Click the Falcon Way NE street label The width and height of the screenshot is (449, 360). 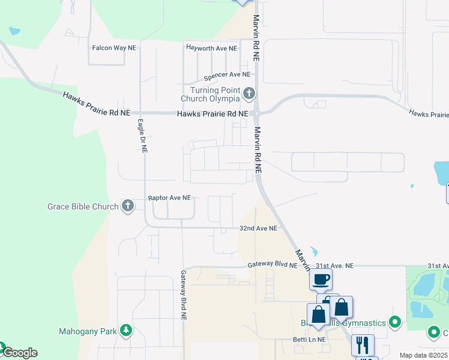113,47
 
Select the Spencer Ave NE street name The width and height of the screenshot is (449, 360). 227,75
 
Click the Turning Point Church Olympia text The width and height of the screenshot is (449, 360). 210,95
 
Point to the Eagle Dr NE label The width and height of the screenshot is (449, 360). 142,136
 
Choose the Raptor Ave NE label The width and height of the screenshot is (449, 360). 169,197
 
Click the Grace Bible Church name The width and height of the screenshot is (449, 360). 83,207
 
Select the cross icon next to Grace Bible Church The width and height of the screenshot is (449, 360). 127,206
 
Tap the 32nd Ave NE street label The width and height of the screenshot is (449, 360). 258,229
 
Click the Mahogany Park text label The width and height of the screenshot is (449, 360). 88,331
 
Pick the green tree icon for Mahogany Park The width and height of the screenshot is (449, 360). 125,331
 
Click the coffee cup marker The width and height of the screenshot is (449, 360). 321,279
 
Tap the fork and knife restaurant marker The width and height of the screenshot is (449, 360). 363,344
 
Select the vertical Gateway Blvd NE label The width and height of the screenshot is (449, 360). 183,293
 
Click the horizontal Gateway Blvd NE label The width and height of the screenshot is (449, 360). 273,265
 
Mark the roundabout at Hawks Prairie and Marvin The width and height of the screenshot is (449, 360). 256,112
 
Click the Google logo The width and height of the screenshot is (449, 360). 19,353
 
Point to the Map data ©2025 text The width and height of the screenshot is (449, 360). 423,355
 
